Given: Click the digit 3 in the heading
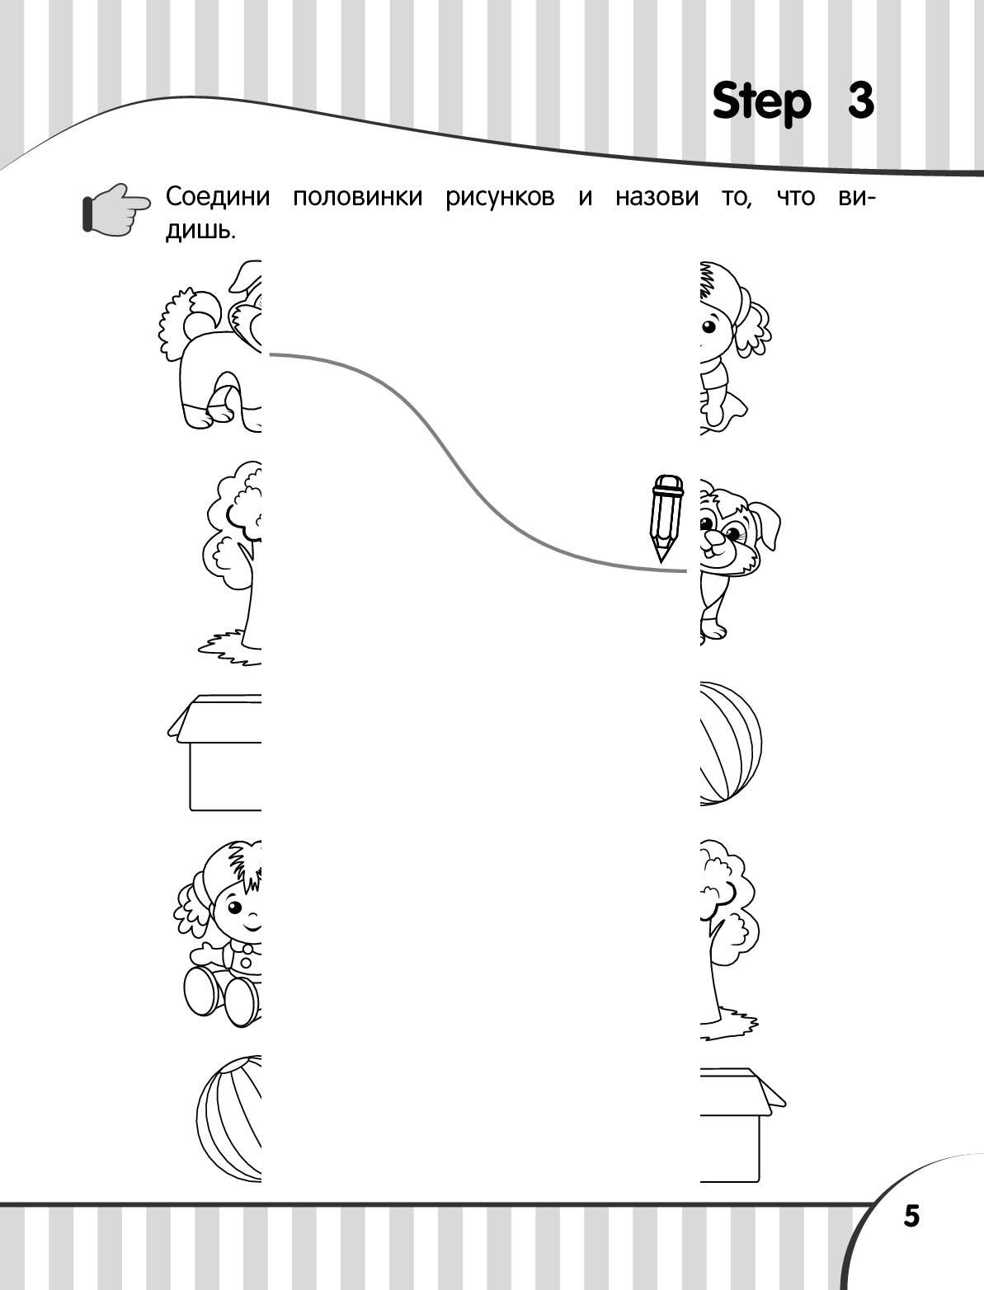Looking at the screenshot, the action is click(x=861, y=101).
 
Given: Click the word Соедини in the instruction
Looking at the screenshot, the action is click(x=218, y=197).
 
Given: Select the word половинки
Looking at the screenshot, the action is click(x=357, y=197).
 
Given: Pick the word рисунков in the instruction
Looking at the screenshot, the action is click(x=500, y=198).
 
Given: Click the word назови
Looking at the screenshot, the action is click(x=657, y=197).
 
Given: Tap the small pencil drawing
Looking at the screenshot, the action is click(x=666, y=518).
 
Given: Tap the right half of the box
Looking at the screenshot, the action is click(x=742, y=1125).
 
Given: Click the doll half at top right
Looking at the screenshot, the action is click(x=736, y=348).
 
